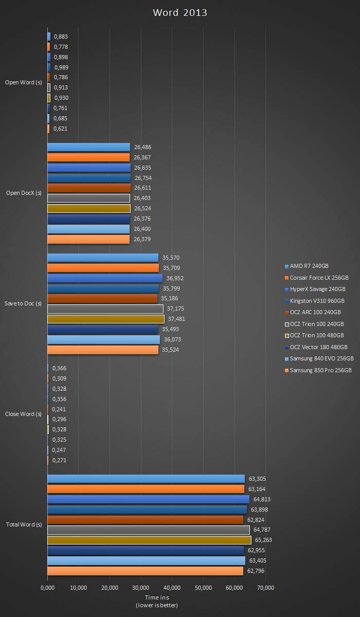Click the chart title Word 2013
(x=180, y=13)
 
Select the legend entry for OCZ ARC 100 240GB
(x=315, y=312)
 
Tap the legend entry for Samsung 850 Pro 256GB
(x=320, y=370)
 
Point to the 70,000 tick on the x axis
(x=266, y=588)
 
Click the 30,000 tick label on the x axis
(x=141, y=588)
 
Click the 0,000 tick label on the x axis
(x=47, y=588)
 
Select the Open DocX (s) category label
(x=23, y=193)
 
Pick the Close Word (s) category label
(x=23, y=414)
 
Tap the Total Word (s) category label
(x=24, y=524)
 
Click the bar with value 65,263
(x=149, y=540)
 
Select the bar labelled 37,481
(x=105, y=319)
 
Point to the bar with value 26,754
(x=89, y=178)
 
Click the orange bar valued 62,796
(x=145, y=571)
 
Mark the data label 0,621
(x=61, y=129)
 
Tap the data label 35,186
(x=169, y=298)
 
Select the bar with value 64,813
(x=148, y=499)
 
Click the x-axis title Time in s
(x=157, y=597)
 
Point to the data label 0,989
(x=61, y=67)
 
